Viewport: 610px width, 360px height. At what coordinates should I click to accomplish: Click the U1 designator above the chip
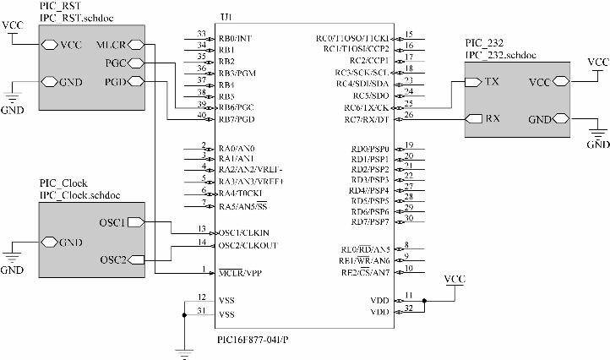coord(226,19)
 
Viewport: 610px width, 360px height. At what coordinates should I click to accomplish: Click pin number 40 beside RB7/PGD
coord(201,114)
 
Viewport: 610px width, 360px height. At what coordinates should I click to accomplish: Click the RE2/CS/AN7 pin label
coord(365,272)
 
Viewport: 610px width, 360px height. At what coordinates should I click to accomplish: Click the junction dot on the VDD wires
coord(423,300)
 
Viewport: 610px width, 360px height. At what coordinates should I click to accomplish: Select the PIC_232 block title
coord(485,42)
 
